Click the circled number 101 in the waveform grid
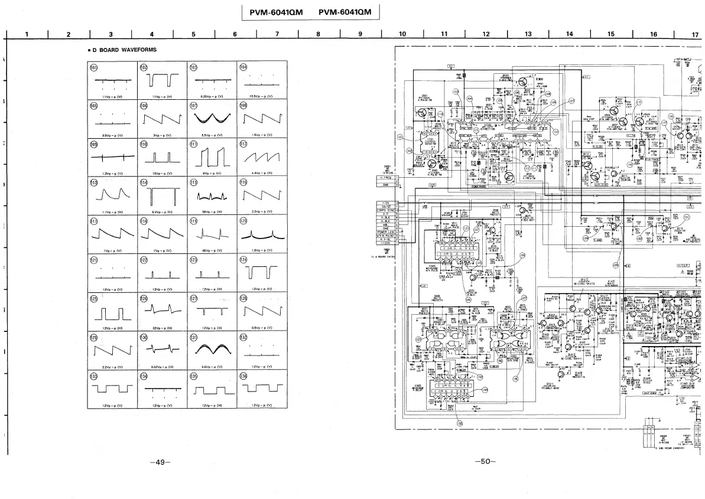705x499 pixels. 93,67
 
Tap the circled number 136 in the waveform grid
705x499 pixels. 243,376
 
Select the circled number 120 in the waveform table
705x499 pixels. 243,221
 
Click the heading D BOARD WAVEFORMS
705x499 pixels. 124,50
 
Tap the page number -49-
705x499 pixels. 160,462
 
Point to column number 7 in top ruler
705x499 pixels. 277,34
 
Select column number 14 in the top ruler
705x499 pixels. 569,34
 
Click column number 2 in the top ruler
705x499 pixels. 68,34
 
